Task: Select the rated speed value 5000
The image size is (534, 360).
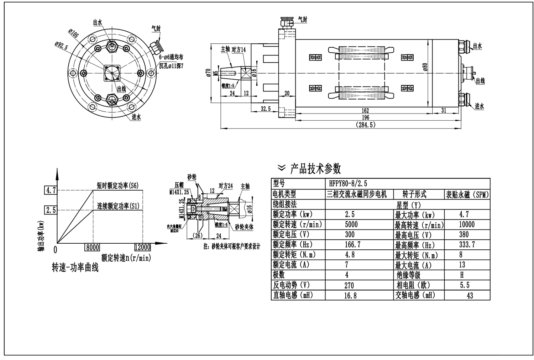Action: coord(351,224)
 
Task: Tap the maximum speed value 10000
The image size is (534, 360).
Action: coord(466,224)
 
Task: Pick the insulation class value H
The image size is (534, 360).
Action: coord(462,275)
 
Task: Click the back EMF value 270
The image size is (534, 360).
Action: coord(349,285)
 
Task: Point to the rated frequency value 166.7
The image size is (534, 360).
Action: coord(352,245)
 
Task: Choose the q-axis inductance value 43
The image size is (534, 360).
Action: coord(470,296)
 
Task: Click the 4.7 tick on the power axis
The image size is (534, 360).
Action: coord(50,190)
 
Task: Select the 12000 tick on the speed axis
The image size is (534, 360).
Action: coord(142,247)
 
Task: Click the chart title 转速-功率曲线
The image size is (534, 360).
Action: coord(75,268)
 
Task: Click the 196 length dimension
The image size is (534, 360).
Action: coord(365,117)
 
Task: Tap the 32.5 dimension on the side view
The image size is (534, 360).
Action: coord(265,109)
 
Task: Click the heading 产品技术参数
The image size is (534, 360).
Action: coord(315,168)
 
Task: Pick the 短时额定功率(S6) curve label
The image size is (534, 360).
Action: coord(118,185)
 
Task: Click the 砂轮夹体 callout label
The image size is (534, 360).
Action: coord(244,227)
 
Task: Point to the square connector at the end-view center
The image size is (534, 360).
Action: coord(111,73)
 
